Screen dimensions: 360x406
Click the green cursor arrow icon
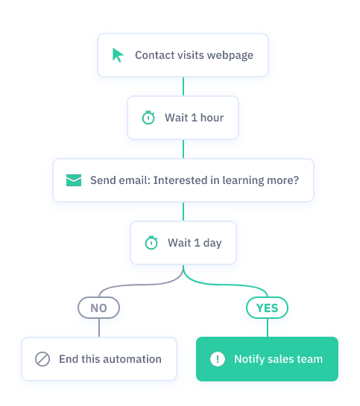click(118, 55)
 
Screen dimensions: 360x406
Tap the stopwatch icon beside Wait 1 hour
click(148, 118)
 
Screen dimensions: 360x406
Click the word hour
click(212, 118)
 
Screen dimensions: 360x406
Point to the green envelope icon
click(74, 180)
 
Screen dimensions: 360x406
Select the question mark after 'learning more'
click(296, 180)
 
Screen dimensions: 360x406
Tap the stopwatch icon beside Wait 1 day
click(151, 243)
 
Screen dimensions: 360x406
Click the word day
click(212, 243)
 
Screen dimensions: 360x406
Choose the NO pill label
click(98, 308)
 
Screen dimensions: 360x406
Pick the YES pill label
click(267, 308)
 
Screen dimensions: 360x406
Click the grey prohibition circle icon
click(42, 359)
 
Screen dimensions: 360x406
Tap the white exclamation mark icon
click(218, 359)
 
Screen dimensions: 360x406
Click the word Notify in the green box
click(250, 360)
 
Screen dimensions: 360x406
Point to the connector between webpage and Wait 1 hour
click(183, 86)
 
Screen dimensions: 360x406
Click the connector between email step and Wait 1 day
click(183, 212)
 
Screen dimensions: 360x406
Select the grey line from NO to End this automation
click(99, 328)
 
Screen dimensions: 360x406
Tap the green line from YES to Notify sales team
click(268, 328)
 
